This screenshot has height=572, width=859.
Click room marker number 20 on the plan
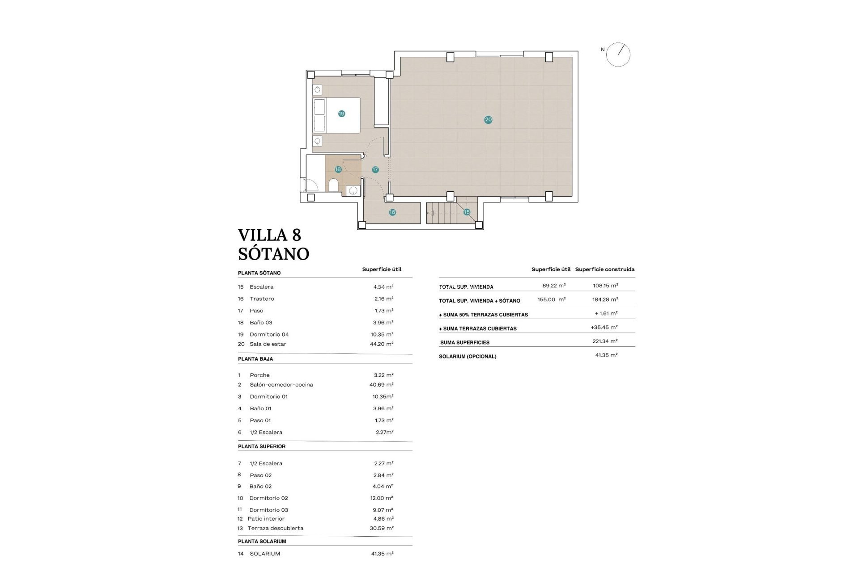(x=488, y=119)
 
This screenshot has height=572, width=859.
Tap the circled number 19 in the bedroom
(x=341, y=114)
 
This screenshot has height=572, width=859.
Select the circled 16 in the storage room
(x=392, y=212)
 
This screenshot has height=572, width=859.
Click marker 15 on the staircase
(x=467, y=212)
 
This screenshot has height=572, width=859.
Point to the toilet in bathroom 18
(x=333, y=185)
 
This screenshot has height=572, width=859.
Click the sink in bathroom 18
(x=353, y=191)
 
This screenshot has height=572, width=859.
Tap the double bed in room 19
(x=336, y=115)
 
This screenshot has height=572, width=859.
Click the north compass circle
(x=619, y=55)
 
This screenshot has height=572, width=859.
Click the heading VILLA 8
(x=269, y=235)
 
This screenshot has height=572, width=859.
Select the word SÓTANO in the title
(x=274, y=254)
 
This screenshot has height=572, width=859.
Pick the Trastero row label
(x=262, y=299)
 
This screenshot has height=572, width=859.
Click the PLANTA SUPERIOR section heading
(x=262, y=446)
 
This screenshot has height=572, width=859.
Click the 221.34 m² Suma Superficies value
(x=605, y=341)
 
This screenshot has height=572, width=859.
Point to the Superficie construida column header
(x=604, y=269)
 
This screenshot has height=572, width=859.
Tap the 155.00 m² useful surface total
(x=551, y=300)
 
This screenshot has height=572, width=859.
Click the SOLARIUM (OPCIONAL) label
(x=468, y=357)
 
